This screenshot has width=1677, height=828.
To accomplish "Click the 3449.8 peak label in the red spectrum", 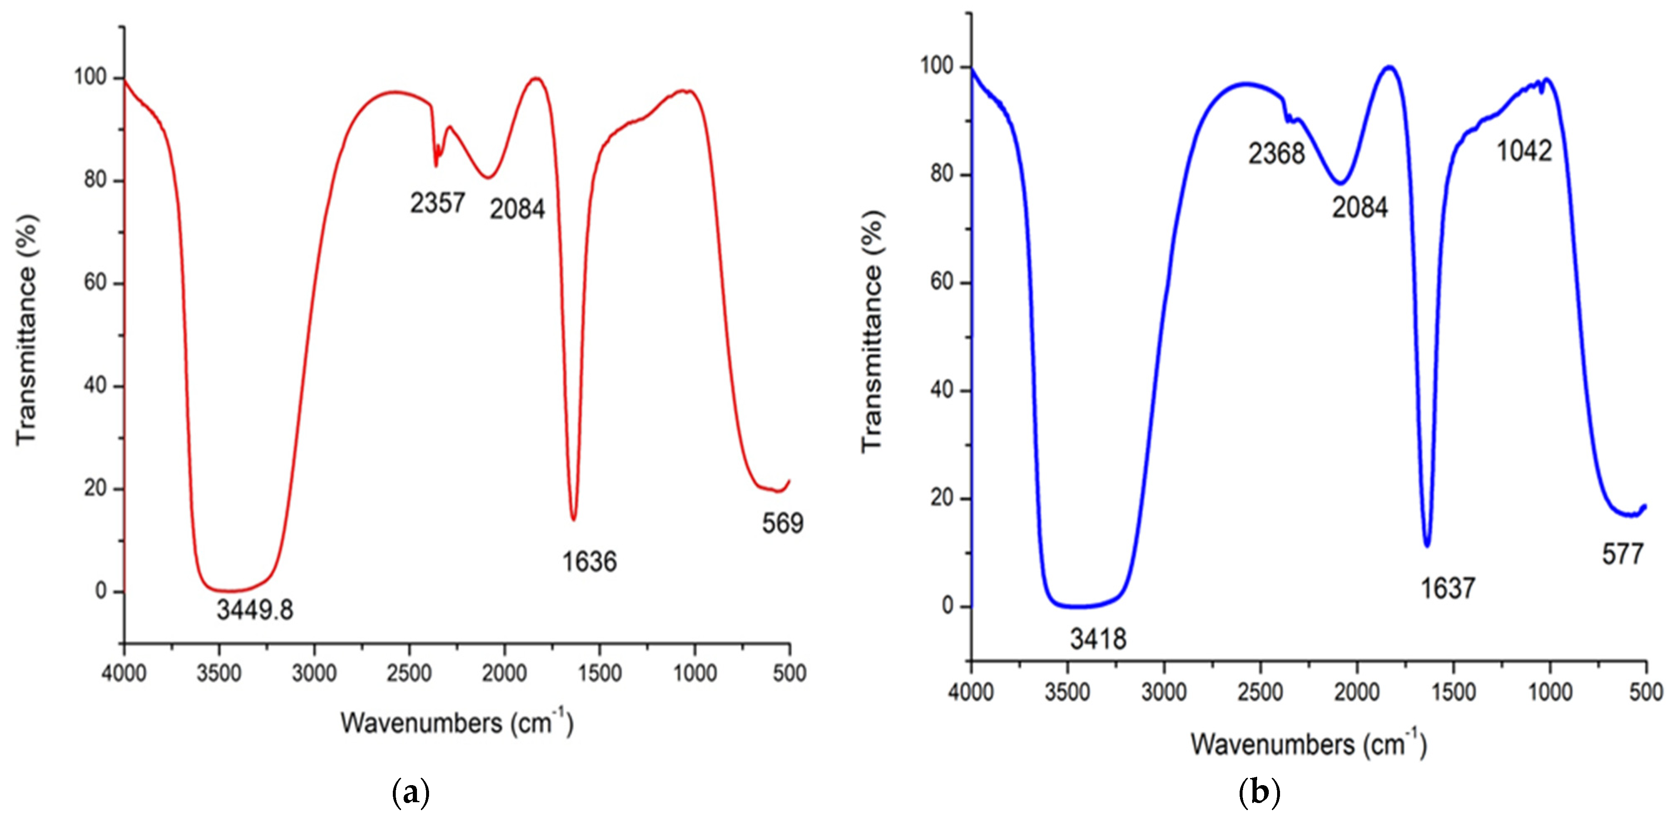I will coord(255,610).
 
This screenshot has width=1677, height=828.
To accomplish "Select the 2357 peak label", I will coord(437,203).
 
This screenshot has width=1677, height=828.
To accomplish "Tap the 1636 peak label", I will coord(589,562).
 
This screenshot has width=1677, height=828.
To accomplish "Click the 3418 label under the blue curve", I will coord(1098,639).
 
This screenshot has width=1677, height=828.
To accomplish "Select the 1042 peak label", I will coord(1524,151).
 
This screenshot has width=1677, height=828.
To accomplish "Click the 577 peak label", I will coord(1622,554).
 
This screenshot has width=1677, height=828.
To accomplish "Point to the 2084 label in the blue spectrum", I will coord(1359,207).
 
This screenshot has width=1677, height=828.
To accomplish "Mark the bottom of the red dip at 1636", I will coord(573,519).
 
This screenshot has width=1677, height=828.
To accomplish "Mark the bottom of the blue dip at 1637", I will coord(1427,545).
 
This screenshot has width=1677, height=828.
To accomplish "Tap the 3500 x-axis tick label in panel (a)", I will coord(219,673).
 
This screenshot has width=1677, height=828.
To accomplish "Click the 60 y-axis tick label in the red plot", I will coord(95,283).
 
